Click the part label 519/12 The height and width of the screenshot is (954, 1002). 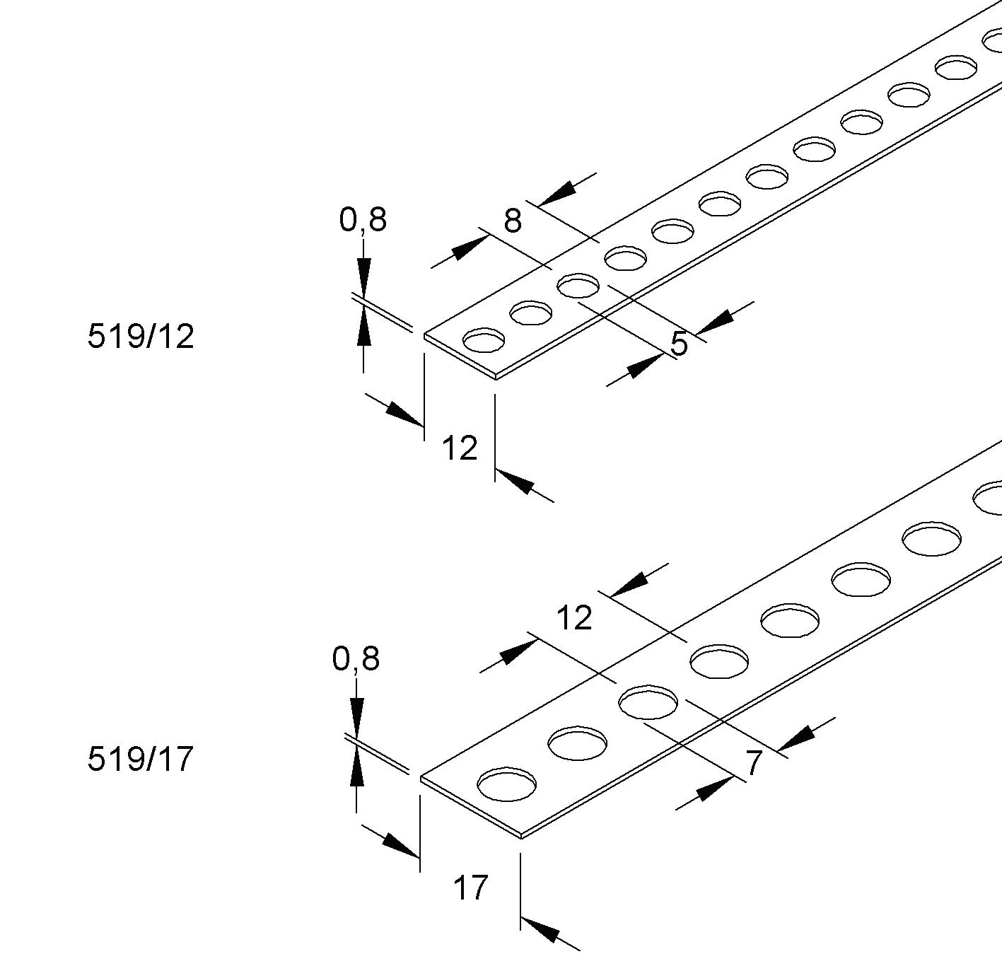[141, 336]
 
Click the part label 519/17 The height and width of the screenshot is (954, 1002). [140, 759]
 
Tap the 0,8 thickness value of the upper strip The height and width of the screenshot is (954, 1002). [363, 220]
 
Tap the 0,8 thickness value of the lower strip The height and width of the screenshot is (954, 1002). [356, 658]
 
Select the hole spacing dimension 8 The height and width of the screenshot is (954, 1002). [513, 221]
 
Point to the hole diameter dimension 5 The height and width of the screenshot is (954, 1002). [679, 344]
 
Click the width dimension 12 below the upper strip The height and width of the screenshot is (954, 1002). [460, 448]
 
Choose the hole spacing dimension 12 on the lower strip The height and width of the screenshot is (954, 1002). [574, 618]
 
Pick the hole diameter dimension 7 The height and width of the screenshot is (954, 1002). [755, 763]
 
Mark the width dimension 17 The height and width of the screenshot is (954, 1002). [470, 888]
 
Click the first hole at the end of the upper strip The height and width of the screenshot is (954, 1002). [484, 341]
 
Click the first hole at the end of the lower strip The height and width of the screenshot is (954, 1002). [506, 784]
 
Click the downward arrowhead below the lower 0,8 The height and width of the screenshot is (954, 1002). [356, 716]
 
